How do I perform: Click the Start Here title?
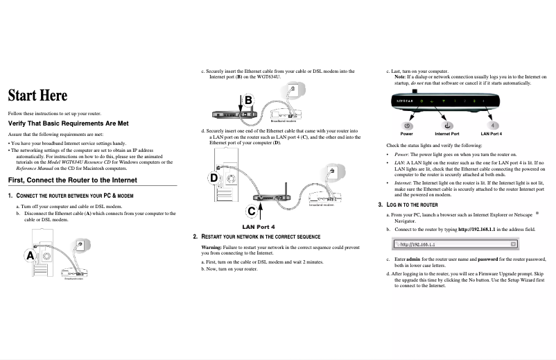[37, 94]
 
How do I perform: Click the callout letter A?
[30, 255]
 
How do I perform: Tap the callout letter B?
[248, 101]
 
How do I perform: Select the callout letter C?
[251, 211]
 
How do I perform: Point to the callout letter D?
[214, 178]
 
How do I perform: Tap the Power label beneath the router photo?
[407, 133]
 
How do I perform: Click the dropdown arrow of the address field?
[513, 244]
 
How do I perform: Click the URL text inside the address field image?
[416, 244]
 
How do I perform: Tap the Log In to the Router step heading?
[411, 205]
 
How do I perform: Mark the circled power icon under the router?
[407, 125]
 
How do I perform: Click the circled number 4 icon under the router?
[492, 125]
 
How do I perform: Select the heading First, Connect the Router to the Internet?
[72, 180]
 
